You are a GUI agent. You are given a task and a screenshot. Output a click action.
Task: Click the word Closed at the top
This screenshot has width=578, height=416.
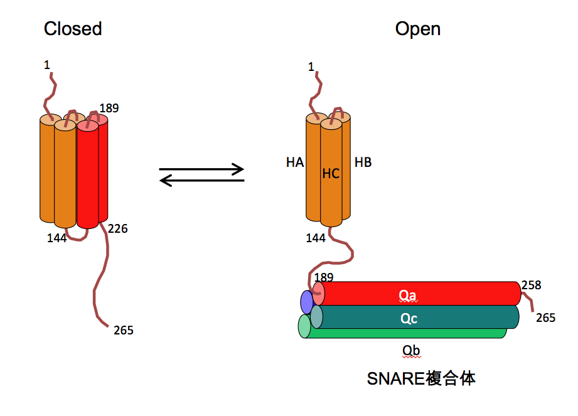73,29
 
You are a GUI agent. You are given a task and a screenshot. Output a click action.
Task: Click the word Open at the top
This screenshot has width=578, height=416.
417,29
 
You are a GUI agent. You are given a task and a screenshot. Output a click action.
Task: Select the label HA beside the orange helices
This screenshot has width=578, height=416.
295,163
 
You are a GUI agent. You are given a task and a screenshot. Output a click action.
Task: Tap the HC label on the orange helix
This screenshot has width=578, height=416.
331,174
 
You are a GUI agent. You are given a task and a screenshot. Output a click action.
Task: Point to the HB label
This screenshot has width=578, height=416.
363,163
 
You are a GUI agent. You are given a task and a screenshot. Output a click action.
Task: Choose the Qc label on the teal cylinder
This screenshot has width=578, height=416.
409,319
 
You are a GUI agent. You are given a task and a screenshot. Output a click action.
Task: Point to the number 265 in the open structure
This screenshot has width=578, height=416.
546,318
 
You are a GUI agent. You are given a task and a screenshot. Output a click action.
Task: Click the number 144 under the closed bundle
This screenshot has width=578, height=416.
57,238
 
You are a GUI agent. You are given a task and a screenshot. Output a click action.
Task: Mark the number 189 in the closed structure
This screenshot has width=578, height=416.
109,109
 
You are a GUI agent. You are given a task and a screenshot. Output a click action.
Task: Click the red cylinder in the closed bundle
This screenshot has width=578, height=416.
88,176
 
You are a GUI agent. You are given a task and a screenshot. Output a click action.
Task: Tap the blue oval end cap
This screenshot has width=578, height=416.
307,302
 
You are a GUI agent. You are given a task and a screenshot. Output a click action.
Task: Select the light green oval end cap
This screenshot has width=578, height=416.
304,326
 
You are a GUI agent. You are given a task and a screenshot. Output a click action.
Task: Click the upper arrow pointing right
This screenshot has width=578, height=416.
201,169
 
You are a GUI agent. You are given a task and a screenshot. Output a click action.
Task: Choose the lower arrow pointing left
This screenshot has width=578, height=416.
201,181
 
